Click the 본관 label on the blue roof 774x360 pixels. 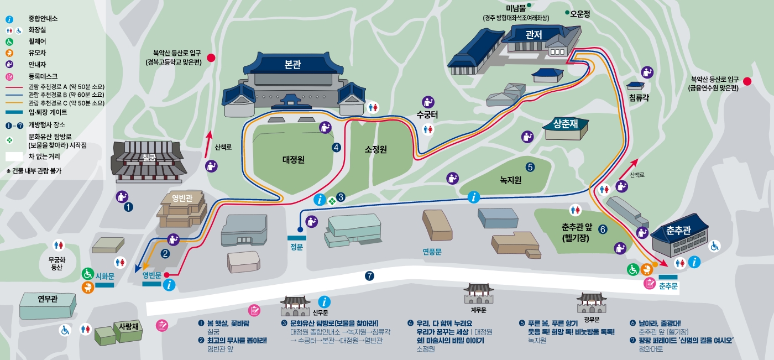(x=292, y=65)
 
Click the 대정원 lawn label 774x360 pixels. (x=294, y=159)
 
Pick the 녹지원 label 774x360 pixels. (x=511, y=180)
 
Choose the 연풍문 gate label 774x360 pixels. (x=432, y=251)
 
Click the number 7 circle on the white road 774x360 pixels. (x=369, y=275)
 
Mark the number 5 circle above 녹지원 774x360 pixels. (x=530, y=166)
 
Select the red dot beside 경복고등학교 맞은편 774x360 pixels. (x=211, y=58)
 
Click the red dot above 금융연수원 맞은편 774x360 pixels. (x=747, y=81)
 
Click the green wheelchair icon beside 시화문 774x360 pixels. (x=87, y=273)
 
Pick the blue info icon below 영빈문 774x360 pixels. (x=170, y=285)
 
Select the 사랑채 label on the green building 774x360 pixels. (x=128, y=326)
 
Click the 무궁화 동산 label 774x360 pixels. (x=57, y=263)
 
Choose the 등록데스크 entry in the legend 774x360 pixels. (x=42, y=76)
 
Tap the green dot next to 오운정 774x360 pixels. (x=567, y=12)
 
